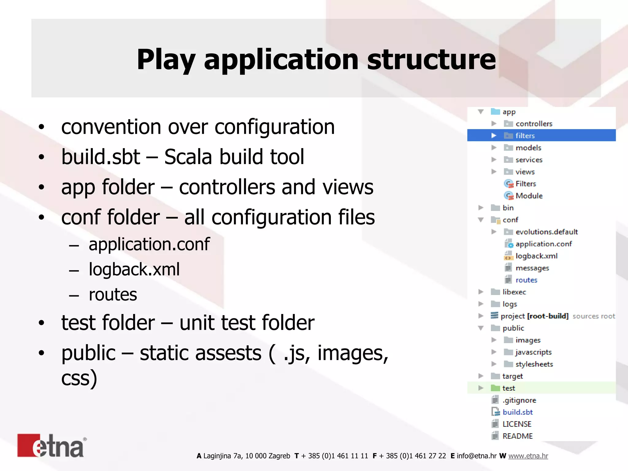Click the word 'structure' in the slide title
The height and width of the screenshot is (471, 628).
click(x=431, y=59)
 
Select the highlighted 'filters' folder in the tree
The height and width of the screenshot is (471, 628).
click(x=525, y=136)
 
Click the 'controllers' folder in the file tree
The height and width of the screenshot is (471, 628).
click(x=534, y=124)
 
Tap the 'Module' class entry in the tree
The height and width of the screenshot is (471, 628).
click(x=529, y=196)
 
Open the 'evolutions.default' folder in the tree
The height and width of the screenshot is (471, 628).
click(x=546, y=232)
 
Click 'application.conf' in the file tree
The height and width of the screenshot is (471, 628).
click(x=543, y=244)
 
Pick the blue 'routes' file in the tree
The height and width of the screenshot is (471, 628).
click(x=526, y=280)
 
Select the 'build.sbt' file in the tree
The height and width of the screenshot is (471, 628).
click(x=517, y=412)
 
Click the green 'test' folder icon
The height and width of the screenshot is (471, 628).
click(x=495, y=388)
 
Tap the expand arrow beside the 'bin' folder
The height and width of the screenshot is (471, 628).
click(x=481, y=208)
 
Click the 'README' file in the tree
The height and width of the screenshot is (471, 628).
click(x=517, y=436)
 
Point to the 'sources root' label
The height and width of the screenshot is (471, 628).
click(x=594, y=316)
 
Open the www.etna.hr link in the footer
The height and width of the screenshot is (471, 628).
click(x=528, y=456)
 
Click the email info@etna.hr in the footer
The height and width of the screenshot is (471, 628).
click(x=476, y=456)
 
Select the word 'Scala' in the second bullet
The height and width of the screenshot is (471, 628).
click(x=188, y=157)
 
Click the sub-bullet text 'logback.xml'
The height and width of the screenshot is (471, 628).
click(x=134, y=270)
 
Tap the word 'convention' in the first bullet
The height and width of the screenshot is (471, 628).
click(x=111, y=127)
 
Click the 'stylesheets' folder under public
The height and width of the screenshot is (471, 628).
click(x=534, y=364)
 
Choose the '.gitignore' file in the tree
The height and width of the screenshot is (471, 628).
click(x=519, y=400)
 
